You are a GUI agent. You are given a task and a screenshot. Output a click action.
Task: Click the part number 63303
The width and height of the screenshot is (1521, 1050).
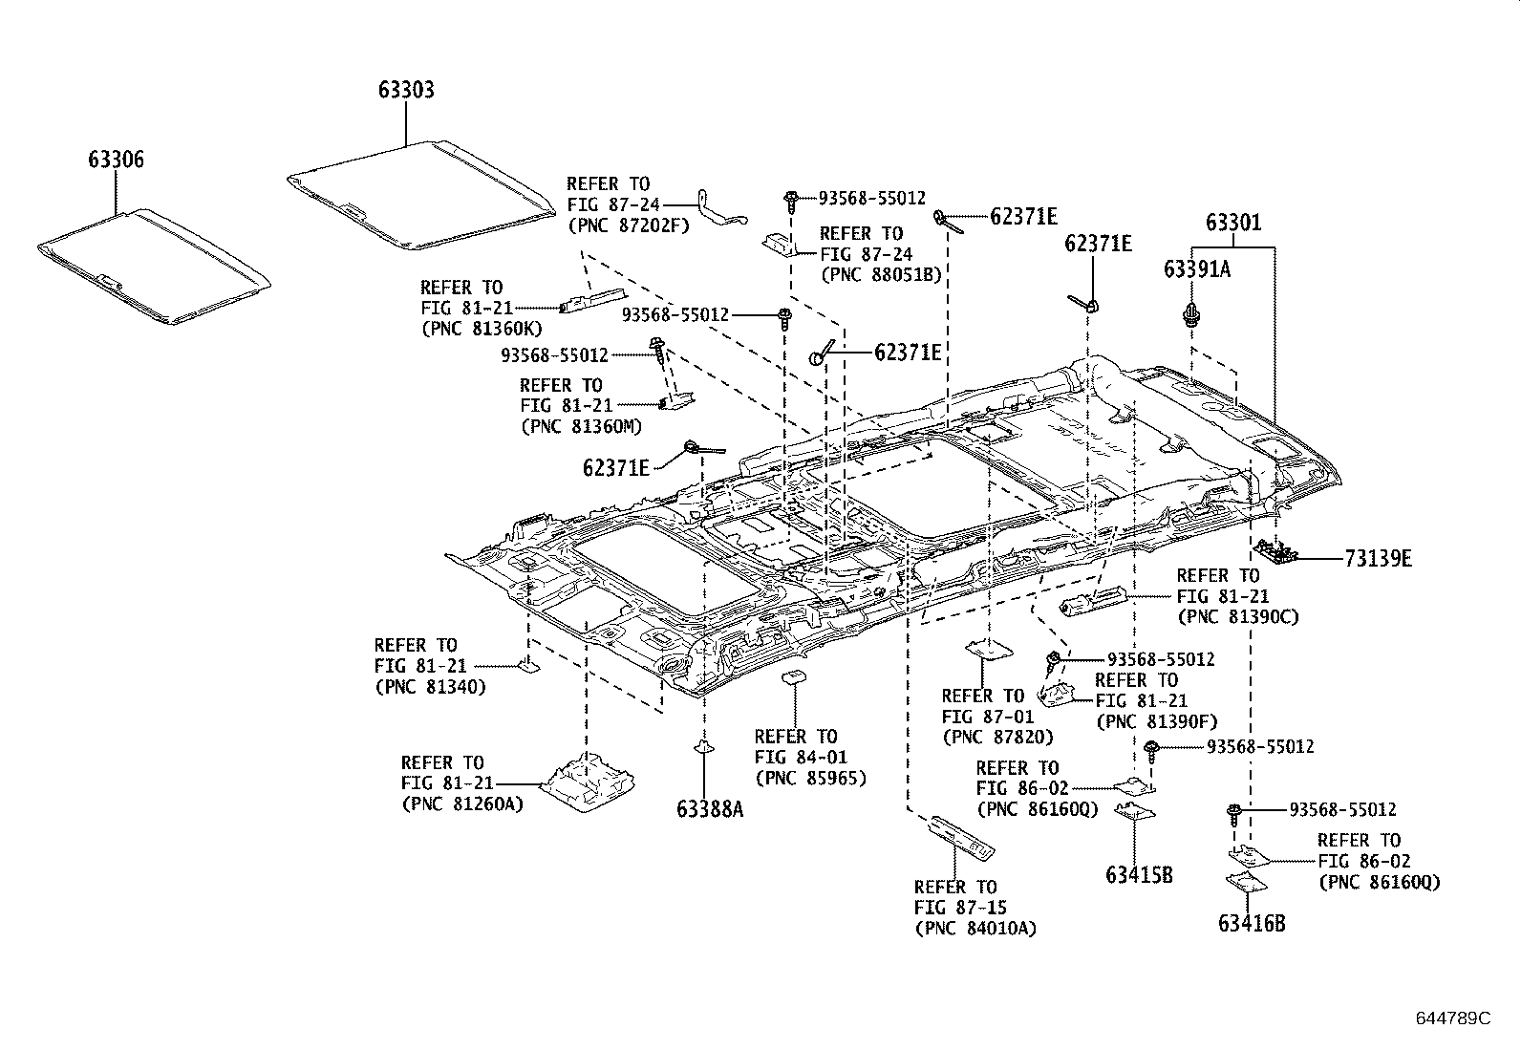click(406, 90)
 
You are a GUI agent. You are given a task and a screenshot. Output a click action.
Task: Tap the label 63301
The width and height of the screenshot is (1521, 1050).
click(1232, 224)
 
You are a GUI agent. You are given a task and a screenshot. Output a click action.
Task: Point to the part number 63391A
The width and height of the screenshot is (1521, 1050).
click(1196, 270)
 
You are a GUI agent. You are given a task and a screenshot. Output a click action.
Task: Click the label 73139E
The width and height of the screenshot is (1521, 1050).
click(1378, 559)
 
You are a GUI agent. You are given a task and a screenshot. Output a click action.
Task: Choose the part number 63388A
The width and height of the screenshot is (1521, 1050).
click(709, 809)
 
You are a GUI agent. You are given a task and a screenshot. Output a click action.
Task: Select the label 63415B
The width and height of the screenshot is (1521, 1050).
click(1139, 874)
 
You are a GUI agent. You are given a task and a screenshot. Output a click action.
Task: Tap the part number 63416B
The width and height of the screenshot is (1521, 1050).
click(1252, 924)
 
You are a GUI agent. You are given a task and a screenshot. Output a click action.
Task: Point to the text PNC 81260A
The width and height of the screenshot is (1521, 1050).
click(462, 804)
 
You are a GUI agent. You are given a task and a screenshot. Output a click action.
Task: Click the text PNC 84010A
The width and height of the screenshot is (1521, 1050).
click(975, 928)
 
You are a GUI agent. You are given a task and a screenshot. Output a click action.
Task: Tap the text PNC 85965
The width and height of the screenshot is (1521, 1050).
click(810, 778)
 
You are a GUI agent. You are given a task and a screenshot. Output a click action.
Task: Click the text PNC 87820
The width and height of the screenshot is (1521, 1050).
click(997, 737)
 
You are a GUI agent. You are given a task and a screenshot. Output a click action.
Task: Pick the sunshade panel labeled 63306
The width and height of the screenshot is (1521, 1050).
click(153, 266)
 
